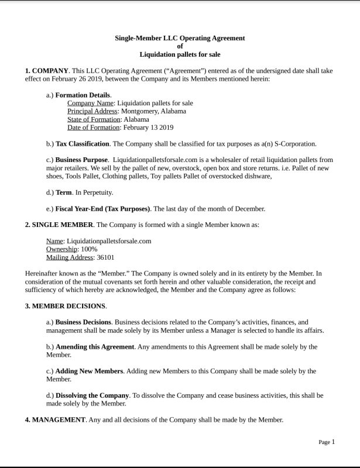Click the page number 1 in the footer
pos(333,442)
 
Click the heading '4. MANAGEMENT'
pos(55,419)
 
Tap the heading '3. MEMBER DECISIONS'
pos(65,306)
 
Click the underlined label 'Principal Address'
pos(92,111)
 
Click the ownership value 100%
pos(90,249)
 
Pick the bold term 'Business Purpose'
pos(81,160)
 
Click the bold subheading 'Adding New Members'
pos(89,371)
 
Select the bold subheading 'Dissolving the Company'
pos(92,395)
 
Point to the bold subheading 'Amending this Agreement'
pos(95,346)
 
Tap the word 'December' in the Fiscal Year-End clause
pos(251,208)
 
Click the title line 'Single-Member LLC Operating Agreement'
pos(180,38)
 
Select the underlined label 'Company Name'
pos(90,103)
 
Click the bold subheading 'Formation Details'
pos(83,95)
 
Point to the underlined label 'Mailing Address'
pos(69,257)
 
